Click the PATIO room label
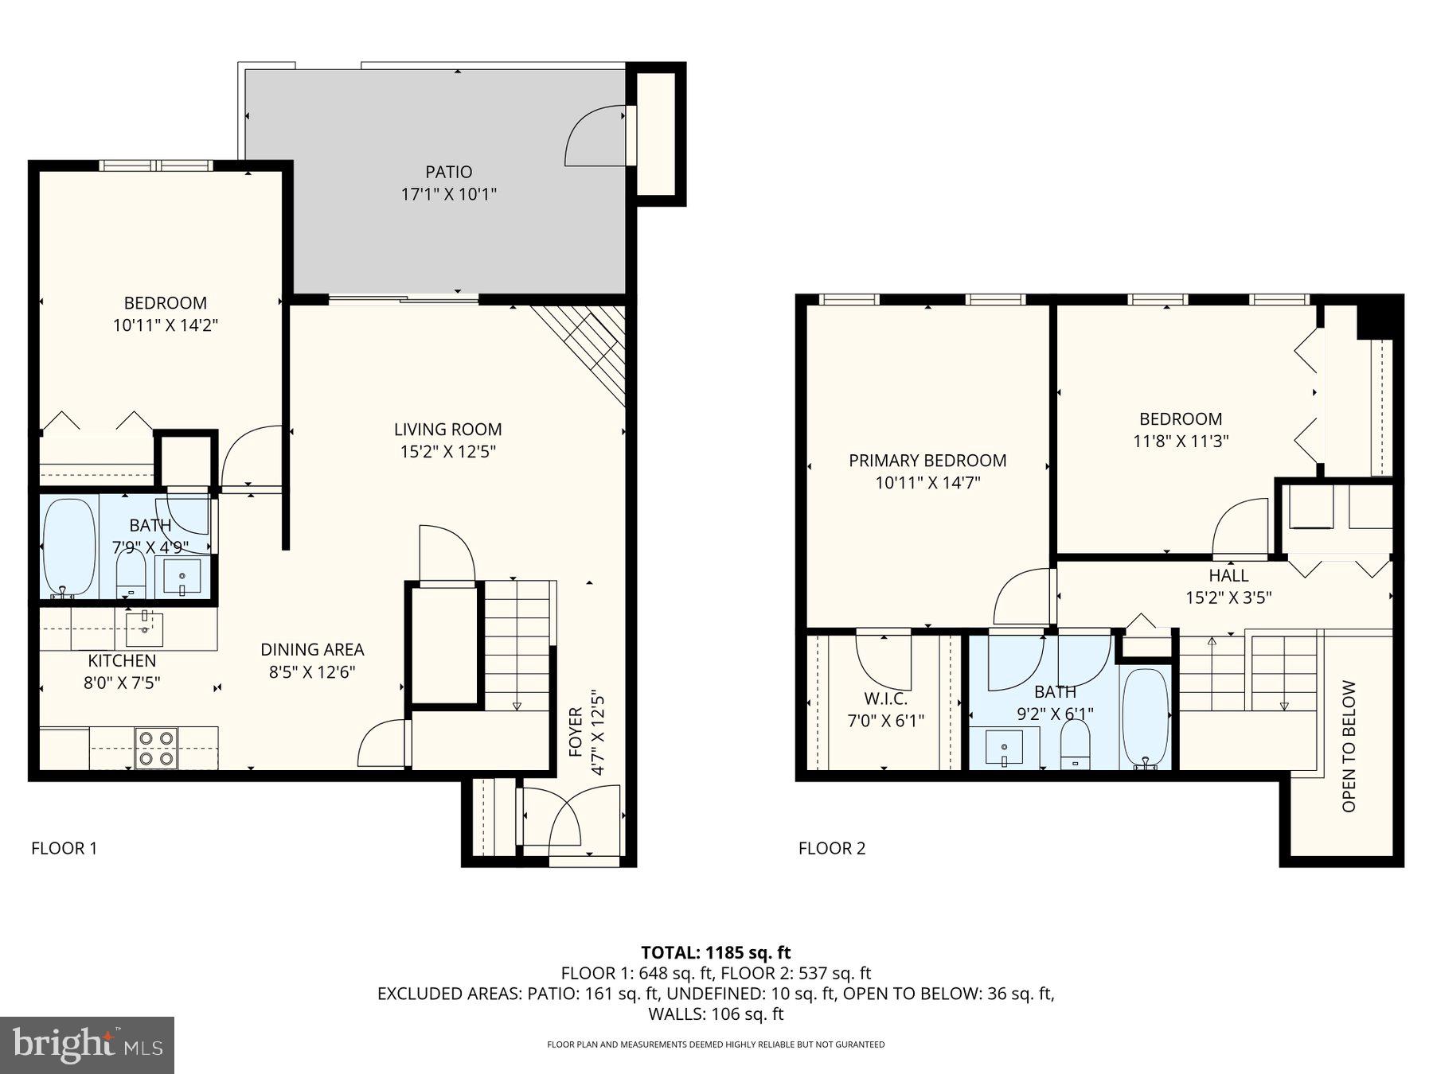click(x=448, y=172)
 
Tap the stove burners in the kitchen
click(x=155, y=749)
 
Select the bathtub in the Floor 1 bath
click(x=68, y=547)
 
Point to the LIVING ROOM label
click(x=447, y=430)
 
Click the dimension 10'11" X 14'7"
click(x=927, y=483)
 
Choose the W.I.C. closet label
click(x=885, y=699)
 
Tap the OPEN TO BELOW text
click(x=1349, y=745)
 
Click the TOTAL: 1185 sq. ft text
click(x=716, y=952)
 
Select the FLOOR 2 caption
click(x=831, y=848)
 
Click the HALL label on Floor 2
click(x=1228, y=575)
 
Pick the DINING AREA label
click(x=312, y=650)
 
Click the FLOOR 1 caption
click(x=64, y=848)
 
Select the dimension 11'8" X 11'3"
click(x=1181, y=441)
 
